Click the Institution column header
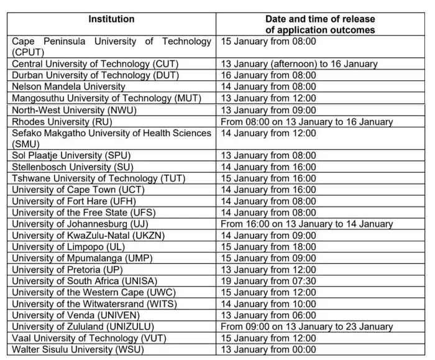pos(111,19)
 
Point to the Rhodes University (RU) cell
pos(62,121)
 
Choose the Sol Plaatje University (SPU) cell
pos(71,155)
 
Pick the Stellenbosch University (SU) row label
pos(72,167)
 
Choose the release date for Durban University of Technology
pos(268,75)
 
